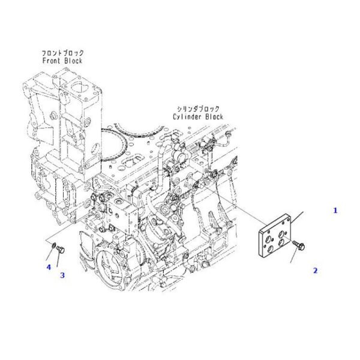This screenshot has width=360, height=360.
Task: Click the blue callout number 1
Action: click(x=335, y=210)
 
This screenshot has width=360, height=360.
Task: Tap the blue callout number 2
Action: click(x=315, y=271)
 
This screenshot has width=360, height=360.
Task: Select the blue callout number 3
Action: click(x=61, y=275)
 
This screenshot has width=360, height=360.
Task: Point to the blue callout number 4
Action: click(x=49, y=267)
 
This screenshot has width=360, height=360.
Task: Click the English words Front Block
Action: click(x=62, y=61)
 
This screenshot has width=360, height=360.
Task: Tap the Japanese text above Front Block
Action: click(x=62, y=53)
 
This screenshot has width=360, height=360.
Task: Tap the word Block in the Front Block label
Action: click(x=73, y=61)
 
